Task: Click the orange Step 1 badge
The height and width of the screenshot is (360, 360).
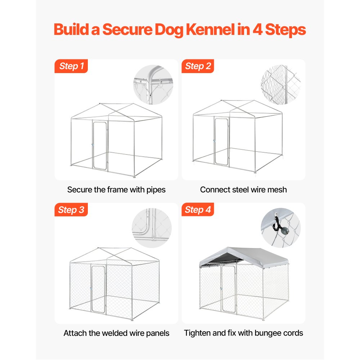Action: (x=71, y=66)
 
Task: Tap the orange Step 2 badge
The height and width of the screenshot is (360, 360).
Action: (x=198, y=66)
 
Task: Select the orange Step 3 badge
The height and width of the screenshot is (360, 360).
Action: (x=71, y=210)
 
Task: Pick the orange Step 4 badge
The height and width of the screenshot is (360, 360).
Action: (x=198, y=210)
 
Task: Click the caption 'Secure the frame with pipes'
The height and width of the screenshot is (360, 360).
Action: (x=116, y=190)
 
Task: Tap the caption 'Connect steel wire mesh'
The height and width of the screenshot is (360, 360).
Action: (x=243, y=190)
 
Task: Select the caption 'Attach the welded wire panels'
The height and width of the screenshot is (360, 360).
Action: (x=116, y=333)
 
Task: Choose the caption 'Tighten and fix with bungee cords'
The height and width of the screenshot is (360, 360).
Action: (x=243, y=333)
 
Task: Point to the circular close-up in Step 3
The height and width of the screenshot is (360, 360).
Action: (x=152, y=228)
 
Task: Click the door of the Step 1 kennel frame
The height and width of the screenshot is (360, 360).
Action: (x=99, y=145)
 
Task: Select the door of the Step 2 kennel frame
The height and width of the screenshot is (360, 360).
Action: (x=221, y=141)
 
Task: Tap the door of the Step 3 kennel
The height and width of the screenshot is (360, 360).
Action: (x=98, y=289)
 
